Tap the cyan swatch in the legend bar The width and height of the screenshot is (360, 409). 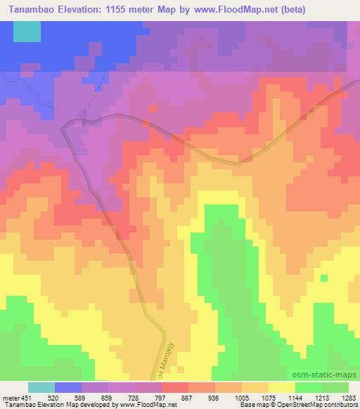(41, 387)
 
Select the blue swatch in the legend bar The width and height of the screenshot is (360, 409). (69, 387)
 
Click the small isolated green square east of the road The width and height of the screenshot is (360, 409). (323, 278)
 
